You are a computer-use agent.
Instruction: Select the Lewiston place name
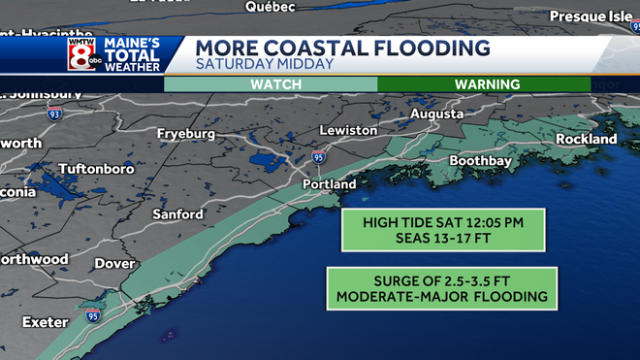tap(348, 130)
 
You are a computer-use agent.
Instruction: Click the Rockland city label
tap(586, 140)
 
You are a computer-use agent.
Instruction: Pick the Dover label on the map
tap(114, 263)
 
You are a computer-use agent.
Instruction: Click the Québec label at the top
tap(270, 7)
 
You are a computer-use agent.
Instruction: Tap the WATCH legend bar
tap(275, 84)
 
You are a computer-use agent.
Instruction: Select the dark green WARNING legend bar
tap(484, 84)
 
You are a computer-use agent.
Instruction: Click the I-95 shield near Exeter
tap(91, 314)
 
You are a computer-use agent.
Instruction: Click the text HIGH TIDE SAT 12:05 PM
tap(442, 222)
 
